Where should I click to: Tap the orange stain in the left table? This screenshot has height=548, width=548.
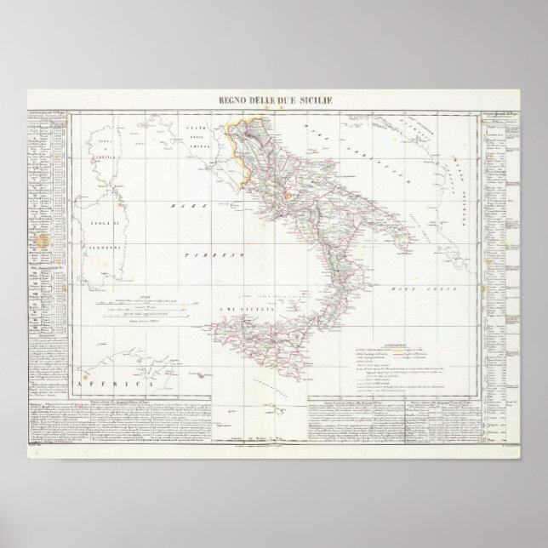pyautogui.click(x=37, y=242)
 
